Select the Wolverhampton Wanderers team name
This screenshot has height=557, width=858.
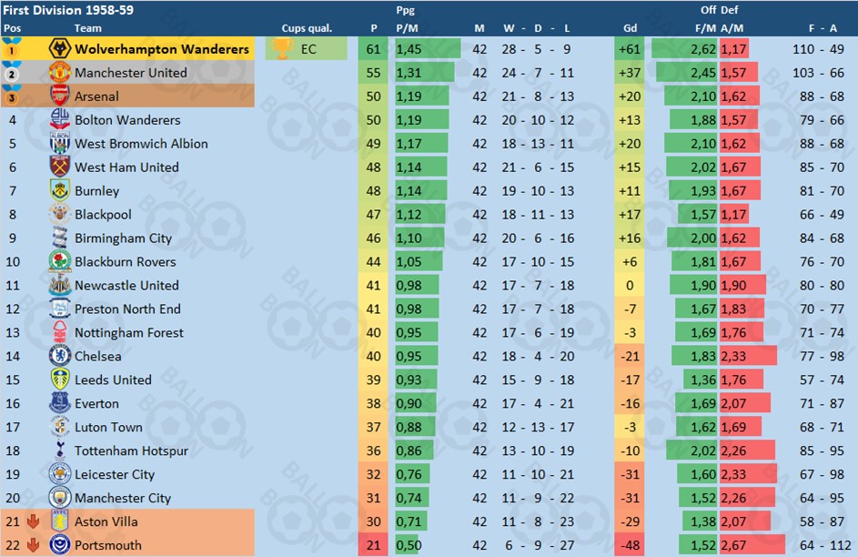point(162,49)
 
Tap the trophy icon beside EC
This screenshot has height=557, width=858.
point(283,49)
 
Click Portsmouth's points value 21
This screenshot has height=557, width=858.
point(374,545)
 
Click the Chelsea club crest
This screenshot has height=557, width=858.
point(60,356)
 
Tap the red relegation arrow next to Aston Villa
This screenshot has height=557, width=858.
point(34,522)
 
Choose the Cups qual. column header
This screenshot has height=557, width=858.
point(307,28)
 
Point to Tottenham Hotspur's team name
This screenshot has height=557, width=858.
point(131,451)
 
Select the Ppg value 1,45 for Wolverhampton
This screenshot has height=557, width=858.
point(409,49)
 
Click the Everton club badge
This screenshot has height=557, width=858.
point(60,403)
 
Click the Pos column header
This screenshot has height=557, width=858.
point(12,28)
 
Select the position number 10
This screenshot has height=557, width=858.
point(13,261)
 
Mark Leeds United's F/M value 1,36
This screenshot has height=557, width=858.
point(703,380)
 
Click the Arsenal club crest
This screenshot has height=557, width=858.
point(60,96)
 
